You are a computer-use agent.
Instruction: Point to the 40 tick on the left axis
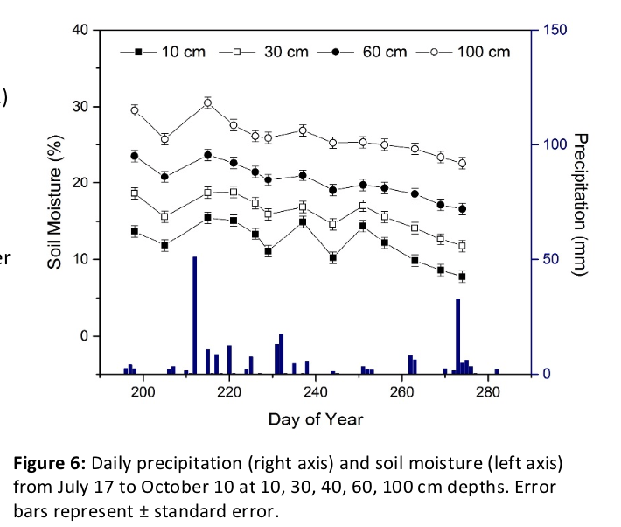[x=80, y=30]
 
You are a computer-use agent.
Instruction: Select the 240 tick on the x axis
[x=315, y=392]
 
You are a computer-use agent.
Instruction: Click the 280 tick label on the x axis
[x=487, y=392]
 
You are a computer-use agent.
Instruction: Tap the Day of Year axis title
[x=315, y=419]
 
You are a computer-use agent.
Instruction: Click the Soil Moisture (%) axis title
[x=55, y=201]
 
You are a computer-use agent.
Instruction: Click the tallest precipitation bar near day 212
[x=194, y=315]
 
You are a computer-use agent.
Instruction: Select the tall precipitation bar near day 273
[x=457, y=336]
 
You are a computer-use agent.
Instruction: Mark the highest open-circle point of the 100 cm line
[x=207, y=102]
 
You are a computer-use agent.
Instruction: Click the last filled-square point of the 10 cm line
[x=462, y=277]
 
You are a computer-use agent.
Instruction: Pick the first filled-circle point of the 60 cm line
[x=135, y=156]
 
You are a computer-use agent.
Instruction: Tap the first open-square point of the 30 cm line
[x=135, y=193]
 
